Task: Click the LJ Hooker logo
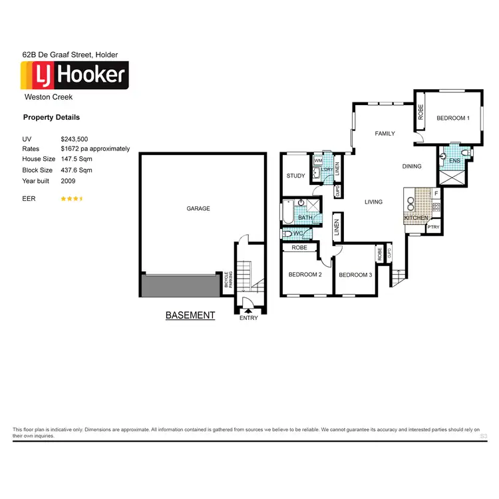[x=75, y=75]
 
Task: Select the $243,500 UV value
[x=74, y=138]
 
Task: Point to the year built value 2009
[x=68, y=181]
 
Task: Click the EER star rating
[x=72, y=199]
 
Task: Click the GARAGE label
[x=198, y=209]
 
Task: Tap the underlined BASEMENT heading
[x=190, y=315]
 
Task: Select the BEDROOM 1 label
[x=453, y=118]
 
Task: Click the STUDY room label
[x=295, y=176]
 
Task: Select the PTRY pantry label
[x=433, y=228]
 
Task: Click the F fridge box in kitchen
[x=436, y=194]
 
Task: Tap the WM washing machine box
[x=318, y=160]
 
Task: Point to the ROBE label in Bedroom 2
[x=299, y=248]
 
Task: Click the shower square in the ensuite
[x=452, y=177]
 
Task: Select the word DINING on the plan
[x=412, y=166]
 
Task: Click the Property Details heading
[x=51, y=118]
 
